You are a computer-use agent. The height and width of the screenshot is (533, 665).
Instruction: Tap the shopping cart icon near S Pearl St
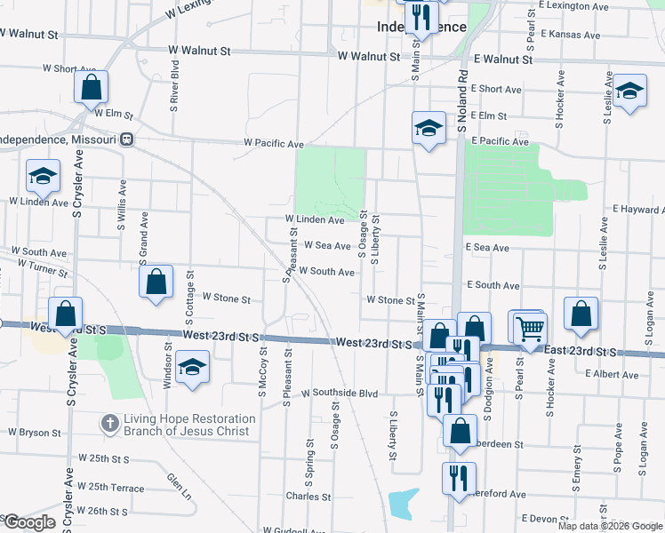click(x=530, y=328)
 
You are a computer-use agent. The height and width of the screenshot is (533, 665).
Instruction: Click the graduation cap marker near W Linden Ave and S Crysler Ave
click(x=43, y=177)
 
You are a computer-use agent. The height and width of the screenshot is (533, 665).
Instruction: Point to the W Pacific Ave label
click(x=275, y=143)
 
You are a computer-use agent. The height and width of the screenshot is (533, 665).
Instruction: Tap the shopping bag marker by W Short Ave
click(x=92, y=87)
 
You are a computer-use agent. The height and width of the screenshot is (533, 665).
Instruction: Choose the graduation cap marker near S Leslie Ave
click(x=629, y=91)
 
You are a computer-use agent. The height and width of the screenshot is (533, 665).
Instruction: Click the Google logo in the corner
click(x=28, y=522)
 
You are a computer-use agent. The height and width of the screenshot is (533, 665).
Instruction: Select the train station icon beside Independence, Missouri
click(x=127, y=139)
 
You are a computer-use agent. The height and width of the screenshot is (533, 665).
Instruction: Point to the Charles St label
click(x=308, y=497)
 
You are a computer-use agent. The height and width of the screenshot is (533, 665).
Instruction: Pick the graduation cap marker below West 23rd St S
click(x=192, y=369)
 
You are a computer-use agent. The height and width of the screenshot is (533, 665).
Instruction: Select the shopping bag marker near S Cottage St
click(x=156, y=282)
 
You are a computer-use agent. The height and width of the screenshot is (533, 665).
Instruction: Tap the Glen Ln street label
click(x=179, y=486)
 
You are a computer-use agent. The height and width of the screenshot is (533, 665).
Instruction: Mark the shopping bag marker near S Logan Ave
click(x=581, y=314)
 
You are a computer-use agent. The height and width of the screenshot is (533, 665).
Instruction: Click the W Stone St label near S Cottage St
click(x=227, y=298)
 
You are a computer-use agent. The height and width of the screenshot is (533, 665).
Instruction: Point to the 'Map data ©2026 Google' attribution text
click(x=609, y=525)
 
